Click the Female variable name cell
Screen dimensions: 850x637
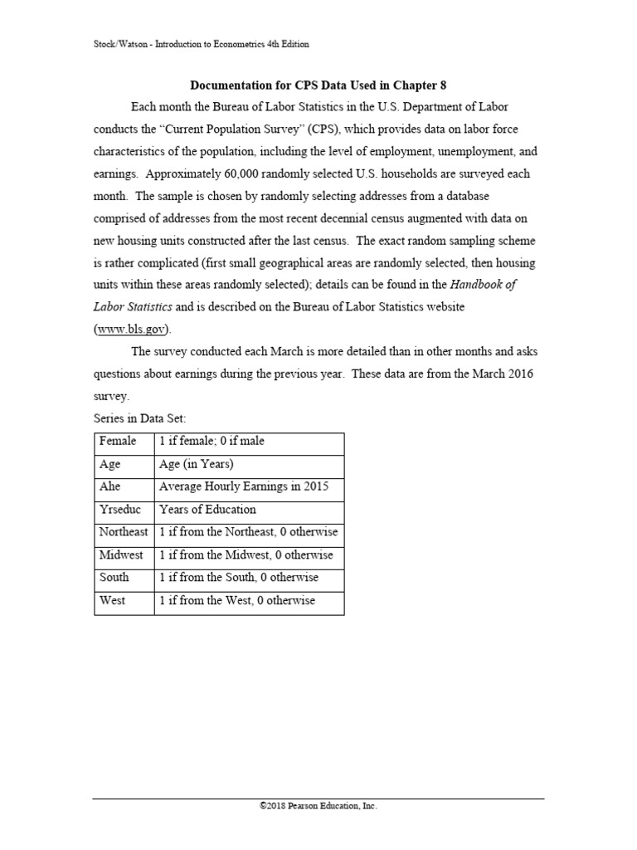118,441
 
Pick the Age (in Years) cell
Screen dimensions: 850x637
197,464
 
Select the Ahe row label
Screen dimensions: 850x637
110,486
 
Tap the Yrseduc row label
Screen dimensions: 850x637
119,509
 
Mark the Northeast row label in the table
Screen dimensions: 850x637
124,532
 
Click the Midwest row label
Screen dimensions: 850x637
121,554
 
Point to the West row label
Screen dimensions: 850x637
112,600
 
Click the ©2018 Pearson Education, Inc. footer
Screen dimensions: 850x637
318,805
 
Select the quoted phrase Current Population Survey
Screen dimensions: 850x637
235,129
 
